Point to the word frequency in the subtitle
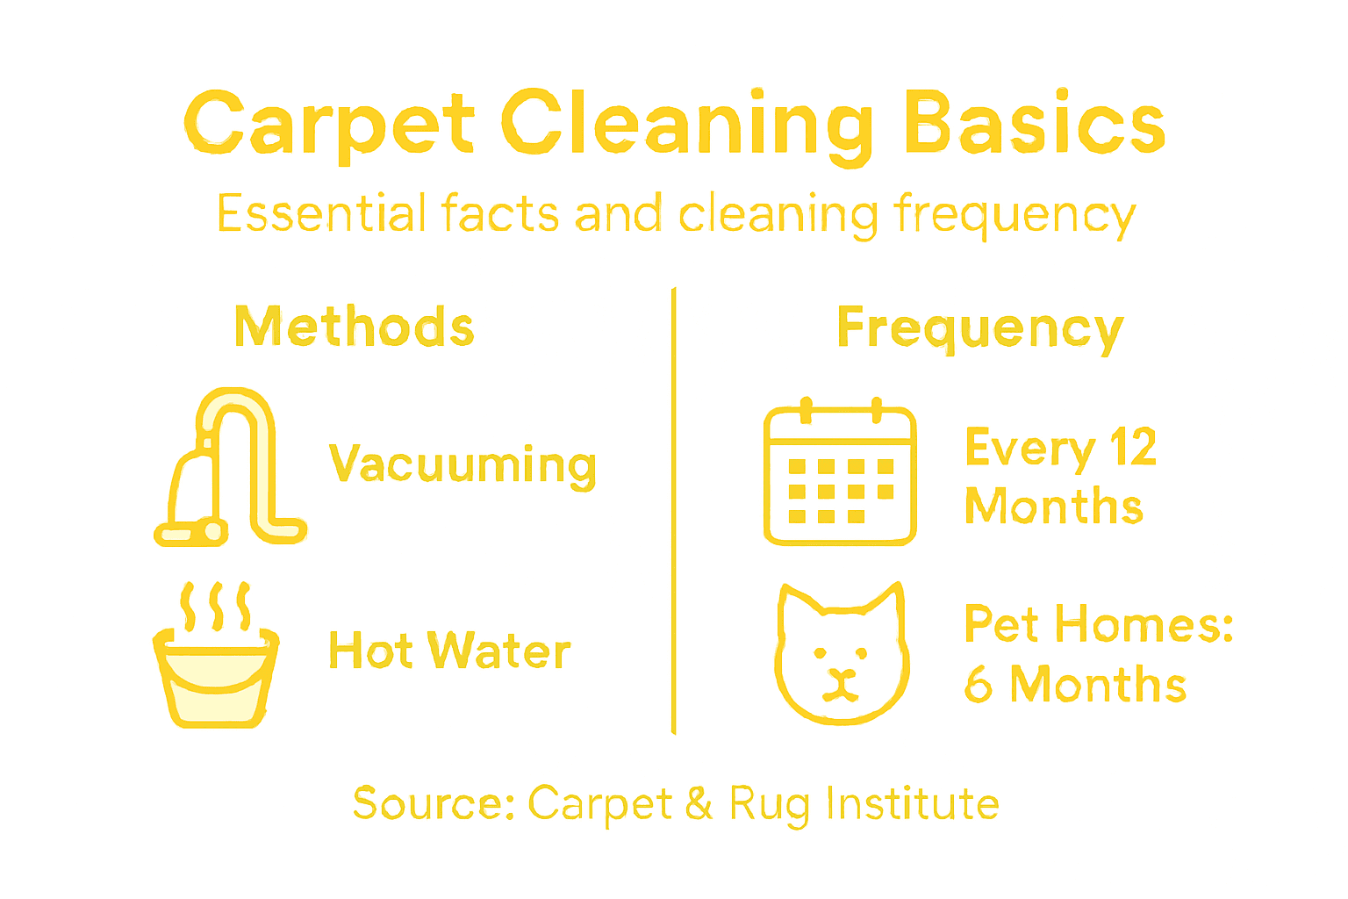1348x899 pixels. pos(1015,215)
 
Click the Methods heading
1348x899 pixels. pos(354,327)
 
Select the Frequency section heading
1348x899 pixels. pos(979,329)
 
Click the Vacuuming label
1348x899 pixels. pos(462,464)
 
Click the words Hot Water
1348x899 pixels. pos(449,651)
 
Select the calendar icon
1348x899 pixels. pos(840,474)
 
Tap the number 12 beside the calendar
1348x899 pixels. pos(1133,448)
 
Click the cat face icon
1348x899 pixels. pos(841,654)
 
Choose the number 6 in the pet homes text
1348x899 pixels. pos(978,684)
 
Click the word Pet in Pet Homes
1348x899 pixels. pos(1001,624)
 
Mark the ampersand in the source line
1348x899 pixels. pos(699,803)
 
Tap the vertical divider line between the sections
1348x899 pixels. pos(673,509)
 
